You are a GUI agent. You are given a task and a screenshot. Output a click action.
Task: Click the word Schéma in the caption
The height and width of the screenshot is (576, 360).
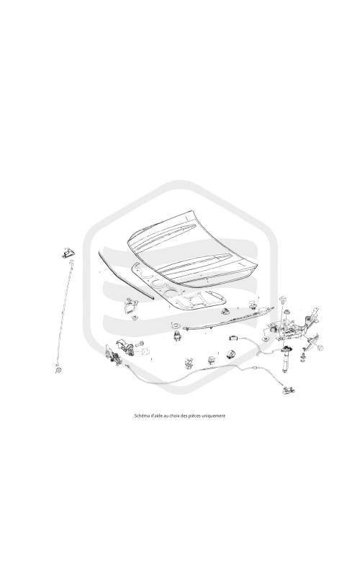pyautogui.click(x=140, y=416)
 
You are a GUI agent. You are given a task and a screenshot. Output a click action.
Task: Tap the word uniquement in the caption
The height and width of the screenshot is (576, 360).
pyautogui.click(x=215, y=416)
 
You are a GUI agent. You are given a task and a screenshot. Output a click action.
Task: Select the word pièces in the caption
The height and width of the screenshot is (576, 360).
pyautogui.click(x=199, y=416)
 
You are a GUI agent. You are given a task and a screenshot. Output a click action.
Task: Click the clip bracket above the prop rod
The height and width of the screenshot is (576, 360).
pyautogui.click(x=68, y=253)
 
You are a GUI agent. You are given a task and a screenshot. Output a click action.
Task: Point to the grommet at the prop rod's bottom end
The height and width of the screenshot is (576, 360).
pyautogui.click(x=58, y=369)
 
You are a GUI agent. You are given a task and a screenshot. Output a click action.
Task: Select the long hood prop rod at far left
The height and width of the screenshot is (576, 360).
pyautogui.click(x=65, y=313)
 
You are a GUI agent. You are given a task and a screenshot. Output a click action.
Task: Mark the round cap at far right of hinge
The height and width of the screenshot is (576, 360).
pyautogui.click(x=320, y=348)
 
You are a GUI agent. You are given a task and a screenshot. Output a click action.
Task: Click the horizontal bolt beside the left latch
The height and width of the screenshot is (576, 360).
pyautogui.click(x=140, y=344)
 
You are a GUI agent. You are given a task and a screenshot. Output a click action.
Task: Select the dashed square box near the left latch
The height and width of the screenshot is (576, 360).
pyautogui.click(x=145, y=352)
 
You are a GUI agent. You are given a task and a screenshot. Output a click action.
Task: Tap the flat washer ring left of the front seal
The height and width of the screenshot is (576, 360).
pyautogui.click(x=174, y=325)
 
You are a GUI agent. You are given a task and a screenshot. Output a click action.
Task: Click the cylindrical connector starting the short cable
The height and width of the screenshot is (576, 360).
pyautogui.click(x=233, y=337)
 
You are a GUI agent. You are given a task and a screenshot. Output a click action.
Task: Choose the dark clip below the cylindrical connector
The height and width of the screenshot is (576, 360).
pyautogui.click(x=230, y=354)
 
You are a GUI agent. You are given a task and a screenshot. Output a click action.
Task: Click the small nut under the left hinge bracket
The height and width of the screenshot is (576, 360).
pyautogui.click(x=135, y=317)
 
